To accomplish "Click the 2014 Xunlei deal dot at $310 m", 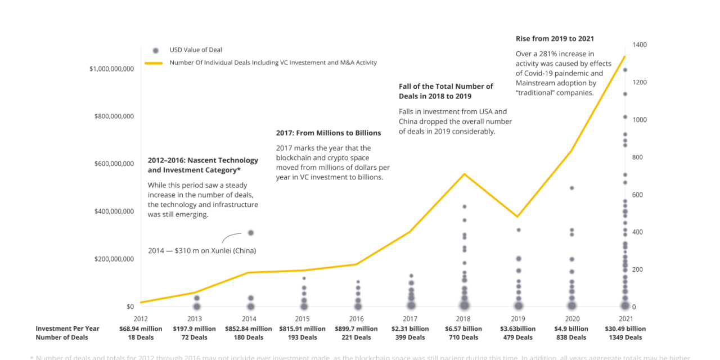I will click(251, 233).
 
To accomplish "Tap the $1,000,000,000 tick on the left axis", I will click(111, 69).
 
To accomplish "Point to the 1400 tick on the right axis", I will click(639, 45).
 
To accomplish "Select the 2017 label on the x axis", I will click(411, 319).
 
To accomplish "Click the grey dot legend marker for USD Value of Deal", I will click(155, 50).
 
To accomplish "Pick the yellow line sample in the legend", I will click(154, 63).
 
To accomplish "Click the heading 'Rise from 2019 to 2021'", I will click(555, 39).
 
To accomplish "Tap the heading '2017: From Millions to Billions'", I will click(328, 133).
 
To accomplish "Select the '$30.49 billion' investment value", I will click(625, 329).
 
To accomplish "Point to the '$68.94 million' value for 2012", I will click(141, 329).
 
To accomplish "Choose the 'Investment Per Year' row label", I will click(67, 329).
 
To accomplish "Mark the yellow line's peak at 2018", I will click(465, 174).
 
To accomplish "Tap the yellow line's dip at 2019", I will click(517, 217).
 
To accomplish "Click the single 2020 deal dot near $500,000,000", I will click(571, 188).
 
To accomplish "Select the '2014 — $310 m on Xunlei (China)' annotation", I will click(202, 250).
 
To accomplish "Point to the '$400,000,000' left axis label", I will click(111, 211).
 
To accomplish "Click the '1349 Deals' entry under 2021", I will click(625, 337).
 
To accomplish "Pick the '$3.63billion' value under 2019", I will click(517, 329).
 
